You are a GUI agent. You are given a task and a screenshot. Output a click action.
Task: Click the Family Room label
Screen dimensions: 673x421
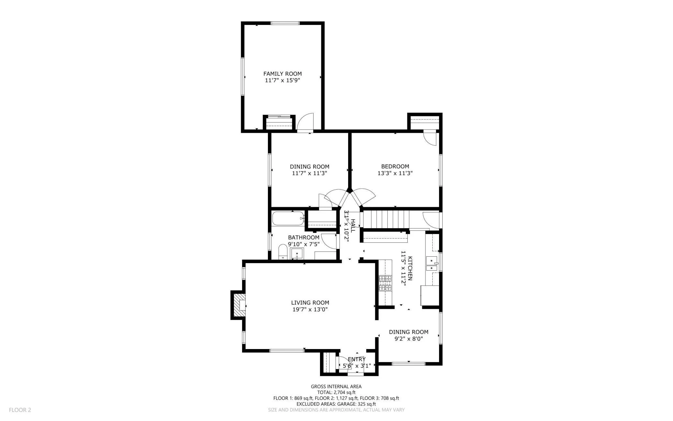click(x=282, y=74)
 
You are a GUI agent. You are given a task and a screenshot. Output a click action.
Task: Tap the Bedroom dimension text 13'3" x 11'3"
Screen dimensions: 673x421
click(x=395, y=173)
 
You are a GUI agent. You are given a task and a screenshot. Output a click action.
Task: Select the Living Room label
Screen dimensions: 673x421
click(x=310, y=303)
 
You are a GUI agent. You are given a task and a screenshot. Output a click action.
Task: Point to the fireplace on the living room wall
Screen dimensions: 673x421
click(x=238, y=305)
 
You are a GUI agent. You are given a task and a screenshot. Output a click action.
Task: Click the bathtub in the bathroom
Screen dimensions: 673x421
click(x=288, y=219)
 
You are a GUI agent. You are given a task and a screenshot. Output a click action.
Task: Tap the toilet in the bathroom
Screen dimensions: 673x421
click(x=283, y=252)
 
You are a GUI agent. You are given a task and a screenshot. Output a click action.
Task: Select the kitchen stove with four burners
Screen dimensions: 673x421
click(x=385, y=283)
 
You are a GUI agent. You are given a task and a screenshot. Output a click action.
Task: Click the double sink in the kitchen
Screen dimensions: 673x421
click(x=432, y=263)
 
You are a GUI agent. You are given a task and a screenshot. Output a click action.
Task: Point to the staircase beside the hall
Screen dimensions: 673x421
click(x=385, y=219)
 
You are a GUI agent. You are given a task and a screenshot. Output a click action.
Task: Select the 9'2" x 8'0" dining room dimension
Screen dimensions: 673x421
click(x=409, y=339)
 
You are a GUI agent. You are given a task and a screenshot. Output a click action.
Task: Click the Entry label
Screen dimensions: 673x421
click(x=357, y=359)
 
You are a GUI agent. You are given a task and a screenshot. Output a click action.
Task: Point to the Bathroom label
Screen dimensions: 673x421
click(x=304, y=238)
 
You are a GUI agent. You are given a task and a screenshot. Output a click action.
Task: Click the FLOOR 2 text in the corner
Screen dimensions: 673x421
click(x=20, y=410)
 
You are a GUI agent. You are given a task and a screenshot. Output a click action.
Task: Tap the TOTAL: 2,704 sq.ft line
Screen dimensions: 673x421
click(x=336, y=392)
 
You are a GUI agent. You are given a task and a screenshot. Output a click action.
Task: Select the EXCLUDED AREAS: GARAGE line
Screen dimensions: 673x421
click(x=336, y=404)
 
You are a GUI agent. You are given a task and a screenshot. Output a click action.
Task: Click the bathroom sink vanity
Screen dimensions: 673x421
click(x=297, y=253)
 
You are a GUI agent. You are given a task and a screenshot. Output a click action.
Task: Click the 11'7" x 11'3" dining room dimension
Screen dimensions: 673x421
click(x=310, y=173)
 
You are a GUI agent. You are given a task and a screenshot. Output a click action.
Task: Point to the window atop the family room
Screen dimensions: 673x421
click(x=285, y=23)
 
